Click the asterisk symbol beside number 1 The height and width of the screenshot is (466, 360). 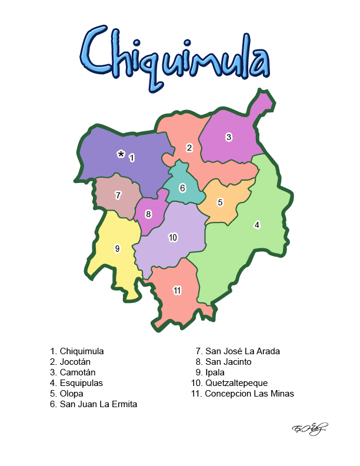[121, 154]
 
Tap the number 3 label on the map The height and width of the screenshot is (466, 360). [229, 137]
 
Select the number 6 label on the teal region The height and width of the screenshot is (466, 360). [182, 188]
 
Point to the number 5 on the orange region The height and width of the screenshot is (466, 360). [220, 202]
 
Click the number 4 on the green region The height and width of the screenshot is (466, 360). [256, 224]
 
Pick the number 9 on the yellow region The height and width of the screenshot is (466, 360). [117, 249]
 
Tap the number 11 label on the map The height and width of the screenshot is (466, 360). [176, 290]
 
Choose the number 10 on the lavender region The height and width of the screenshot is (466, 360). [173, 238]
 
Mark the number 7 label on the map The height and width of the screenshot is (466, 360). [118, 195]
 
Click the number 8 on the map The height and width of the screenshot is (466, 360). [148, 214]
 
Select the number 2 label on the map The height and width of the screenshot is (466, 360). [189, 148]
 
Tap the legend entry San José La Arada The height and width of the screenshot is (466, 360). [238, 351]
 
